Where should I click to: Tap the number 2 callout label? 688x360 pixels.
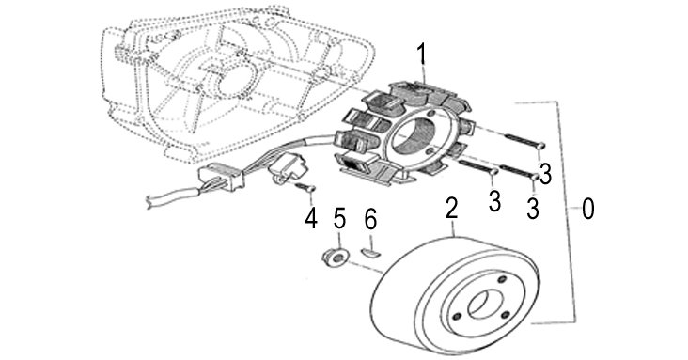(451, 208)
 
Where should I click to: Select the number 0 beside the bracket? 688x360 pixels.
(588, 209)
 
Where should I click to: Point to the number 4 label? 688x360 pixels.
(311, 218)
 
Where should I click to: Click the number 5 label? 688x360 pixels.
(339, 218)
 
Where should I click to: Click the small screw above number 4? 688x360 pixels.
(306, 187)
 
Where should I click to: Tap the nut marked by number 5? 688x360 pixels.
(336, 258)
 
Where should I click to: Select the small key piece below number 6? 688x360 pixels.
(371, 253)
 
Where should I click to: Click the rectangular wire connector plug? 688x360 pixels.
(221, 176)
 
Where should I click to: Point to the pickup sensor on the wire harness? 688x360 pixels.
(287, 167)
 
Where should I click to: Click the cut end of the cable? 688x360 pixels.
(149, 202)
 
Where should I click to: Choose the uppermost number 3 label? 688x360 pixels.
(545, 174)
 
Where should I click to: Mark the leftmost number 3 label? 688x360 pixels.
(495, 201)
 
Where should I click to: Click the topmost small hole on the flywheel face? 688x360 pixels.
(503, 279)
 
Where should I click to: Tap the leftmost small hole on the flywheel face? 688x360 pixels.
(458, 316)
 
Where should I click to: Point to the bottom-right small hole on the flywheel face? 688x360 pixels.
(505, 314)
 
